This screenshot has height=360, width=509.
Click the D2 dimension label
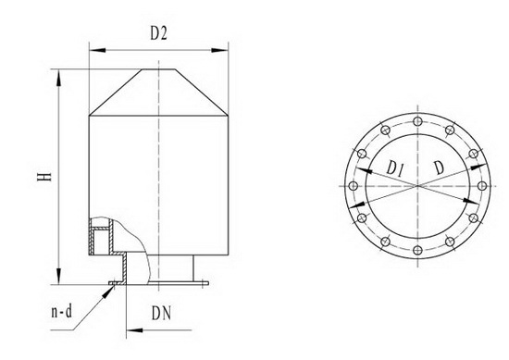pos(159,32)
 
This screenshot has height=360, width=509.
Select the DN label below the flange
pos(161,313)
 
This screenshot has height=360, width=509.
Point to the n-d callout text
pos(62,312)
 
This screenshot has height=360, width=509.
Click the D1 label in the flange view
pos(395,169)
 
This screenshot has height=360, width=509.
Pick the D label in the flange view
pos(439,168)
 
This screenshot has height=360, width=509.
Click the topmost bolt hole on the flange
pos(417,122)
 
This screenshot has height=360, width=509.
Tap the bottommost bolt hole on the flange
pos(417,250)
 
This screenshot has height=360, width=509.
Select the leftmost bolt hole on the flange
pos(354,186)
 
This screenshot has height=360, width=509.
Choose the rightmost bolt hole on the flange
pos(482,186)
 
